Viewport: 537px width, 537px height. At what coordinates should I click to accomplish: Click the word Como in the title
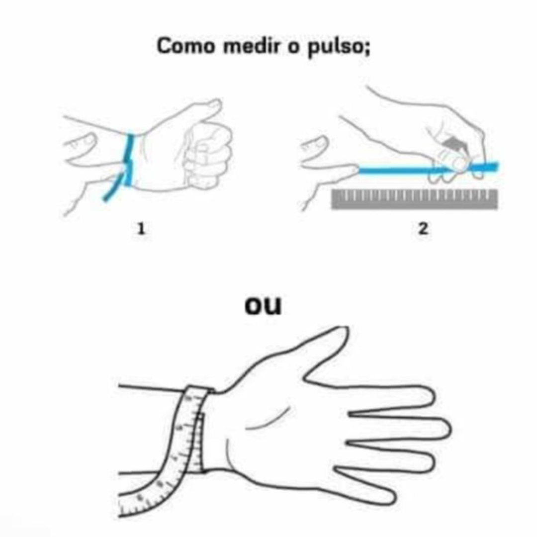(185, 46)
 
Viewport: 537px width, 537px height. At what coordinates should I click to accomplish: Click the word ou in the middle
(263, 305)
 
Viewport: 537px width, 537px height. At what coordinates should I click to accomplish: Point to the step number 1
(141, 228)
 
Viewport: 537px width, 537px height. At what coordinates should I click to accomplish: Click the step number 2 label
(423, 228)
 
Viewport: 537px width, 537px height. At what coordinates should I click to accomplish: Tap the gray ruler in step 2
(414, 198)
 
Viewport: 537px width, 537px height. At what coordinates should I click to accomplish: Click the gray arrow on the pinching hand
(455, 144)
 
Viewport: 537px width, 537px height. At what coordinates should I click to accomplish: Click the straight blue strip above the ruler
(428, 168)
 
